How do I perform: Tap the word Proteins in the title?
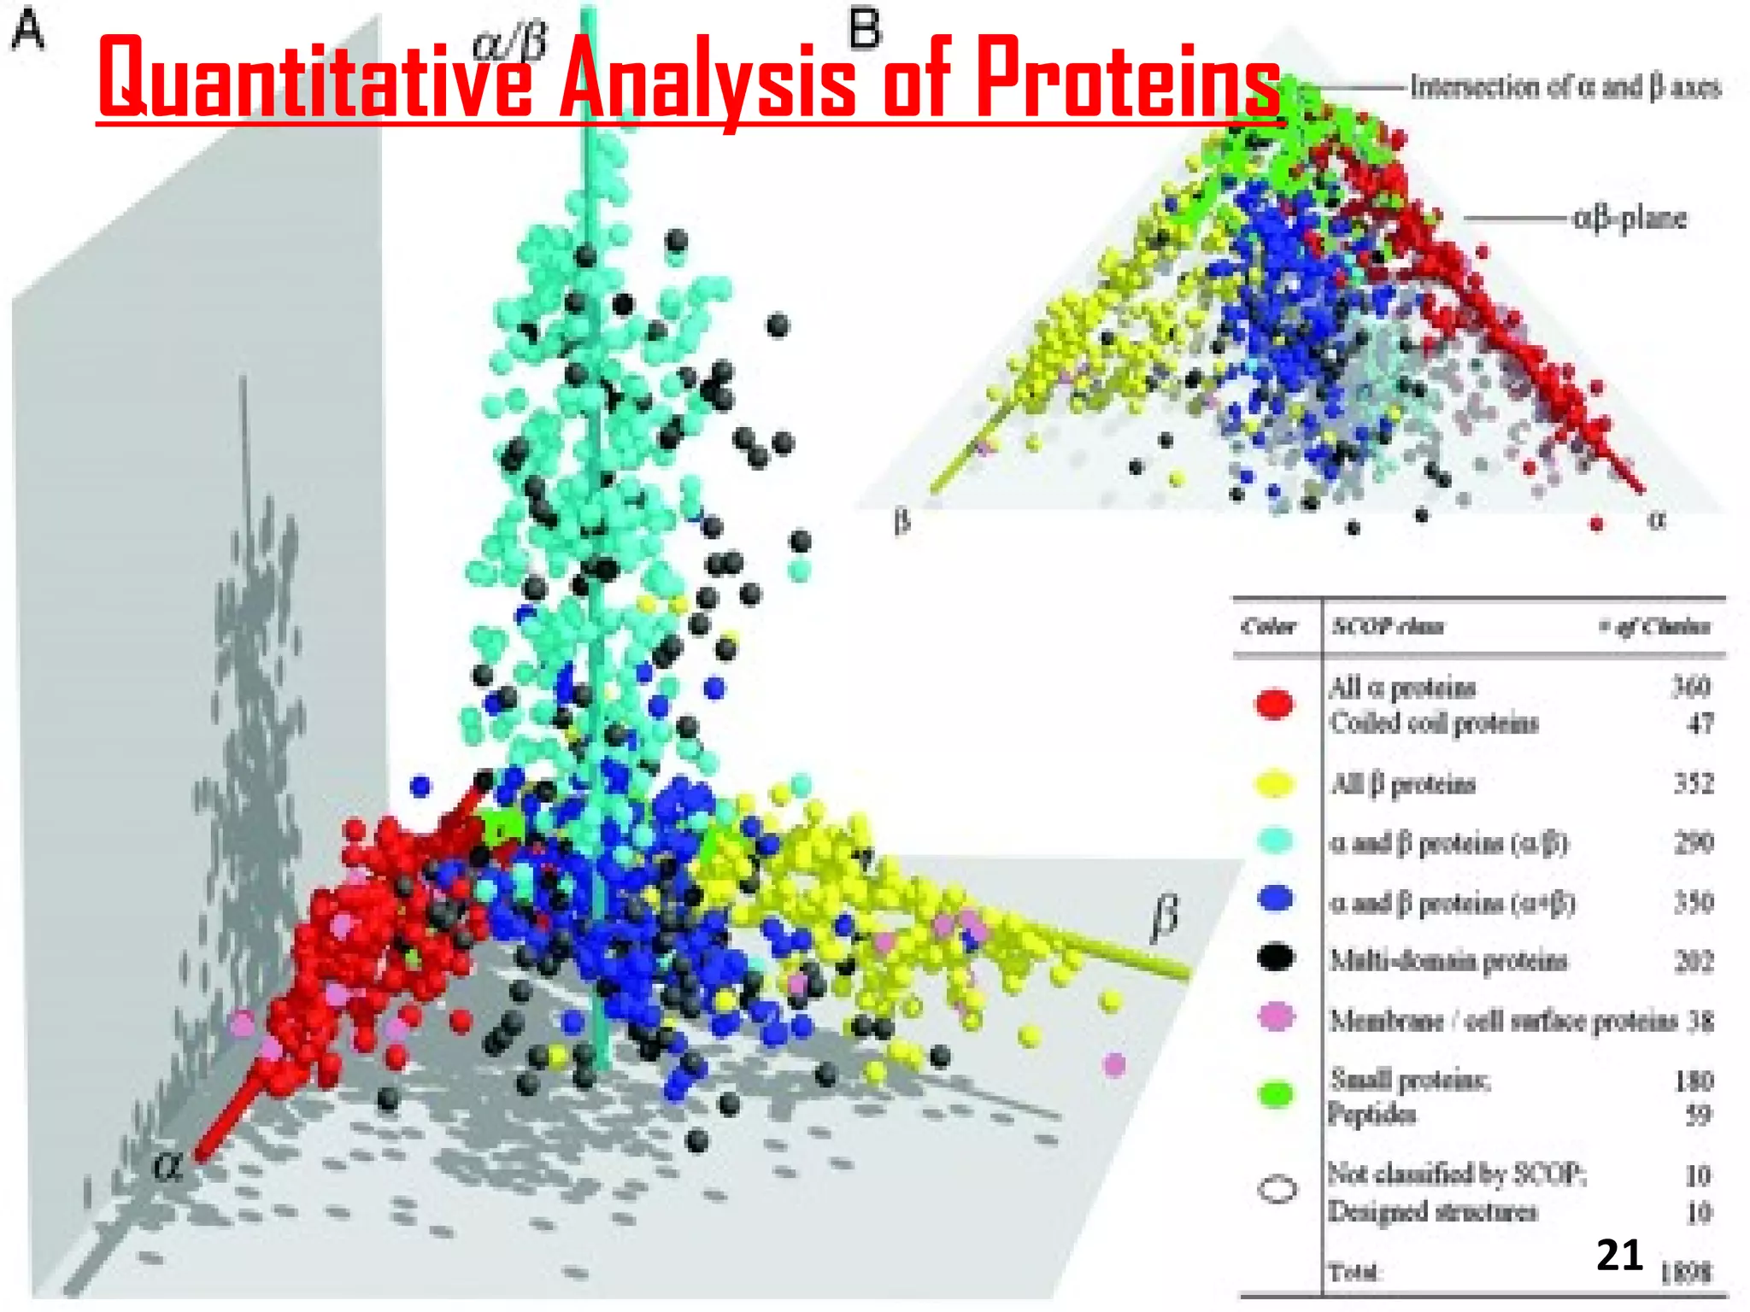coord(1127,79)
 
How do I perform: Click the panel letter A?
coord(28,34)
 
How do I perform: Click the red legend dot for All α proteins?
coord(1275,704)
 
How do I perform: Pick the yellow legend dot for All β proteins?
coord(1275,783)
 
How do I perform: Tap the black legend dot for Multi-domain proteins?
coord(1276,958)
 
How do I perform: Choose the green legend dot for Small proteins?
coord(1276,1094)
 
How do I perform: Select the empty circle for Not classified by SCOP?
coord(1277,1190)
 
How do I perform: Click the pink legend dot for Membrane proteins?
coord(1276,1017)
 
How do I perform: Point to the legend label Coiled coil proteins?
coord(1434,723)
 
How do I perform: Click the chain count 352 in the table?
coord(1693,783)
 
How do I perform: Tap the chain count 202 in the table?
coord(1693,962)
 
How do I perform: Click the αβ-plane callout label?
coord(1630,219)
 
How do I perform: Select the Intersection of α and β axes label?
coord(1565,87)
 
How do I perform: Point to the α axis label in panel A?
coord(167,1166)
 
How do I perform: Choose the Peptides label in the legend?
coord(1371,1115)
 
